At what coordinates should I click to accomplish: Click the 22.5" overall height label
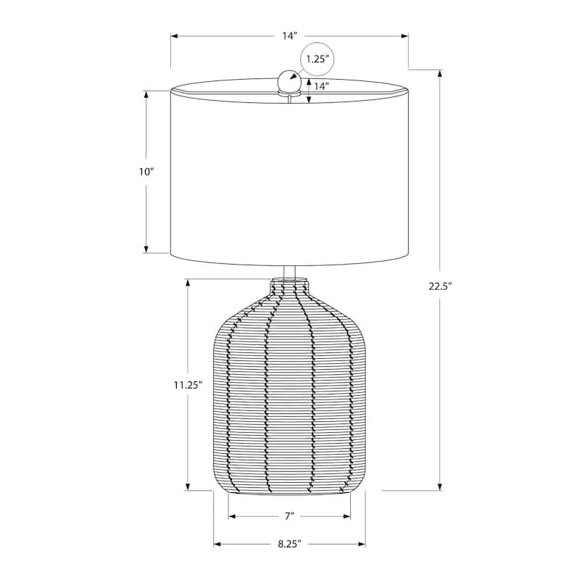click(439, 286)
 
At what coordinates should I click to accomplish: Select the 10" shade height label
click(147, 172)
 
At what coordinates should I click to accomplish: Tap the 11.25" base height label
click(187, 385)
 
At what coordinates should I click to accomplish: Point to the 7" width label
click(289, 516)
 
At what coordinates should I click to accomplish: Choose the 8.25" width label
click(289, 543)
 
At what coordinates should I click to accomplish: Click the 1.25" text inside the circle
click(318, 59)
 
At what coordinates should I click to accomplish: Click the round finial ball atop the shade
click(290, 81)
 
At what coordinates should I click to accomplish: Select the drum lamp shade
click(290, 174)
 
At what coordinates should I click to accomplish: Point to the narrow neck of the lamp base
click(290, 286)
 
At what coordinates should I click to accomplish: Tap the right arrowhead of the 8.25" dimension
click(362, 543)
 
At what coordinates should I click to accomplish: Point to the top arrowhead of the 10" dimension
click(147, 94)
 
